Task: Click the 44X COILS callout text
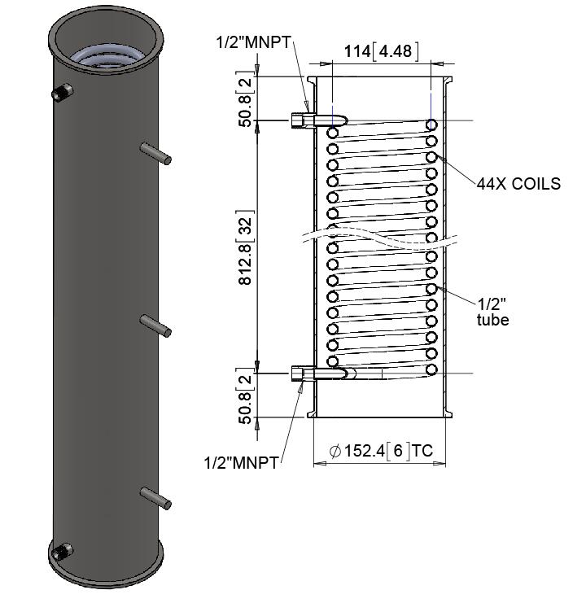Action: tap(519, 184)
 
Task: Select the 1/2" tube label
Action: tap(493, 312)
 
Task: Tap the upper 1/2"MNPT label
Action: tap(253, 40)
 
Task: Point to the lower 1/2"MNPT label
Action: tap(240, 462)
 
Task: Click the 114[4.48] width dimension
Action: tap(381, 51)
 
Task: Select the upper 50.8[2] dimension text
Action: tap(244, 98)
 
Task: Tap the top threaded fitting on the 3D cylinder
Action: tap(60, 94)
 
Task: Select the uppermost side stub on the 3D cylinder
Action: tap(155, 153)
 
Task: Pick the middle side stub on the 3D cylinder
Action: tap(155, 326)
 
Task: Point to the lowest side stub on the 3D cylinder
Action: tap(155, 497)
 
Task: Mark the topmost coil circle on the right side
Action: tap(431, 125)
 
